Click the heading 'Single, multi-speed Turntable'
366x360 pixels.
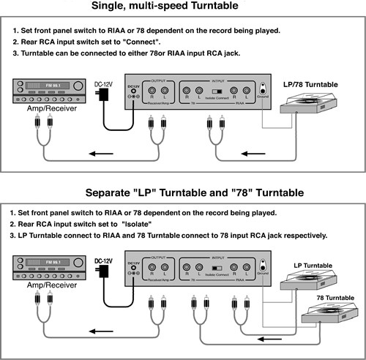pyautogui.click(x=182, y=7)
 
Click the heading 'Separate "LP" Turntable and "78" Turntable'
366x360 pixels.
pyautogui.click(x=183, y=192)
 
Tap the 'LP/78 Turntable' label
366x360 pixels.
pyautogui.click(x=310, y=85)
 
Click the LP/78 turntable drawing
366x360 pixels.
pyautogui.click(x=317, y=110)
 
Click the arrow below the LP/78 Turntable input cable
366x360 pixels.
pyautogui.click(x=252, y=154)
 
